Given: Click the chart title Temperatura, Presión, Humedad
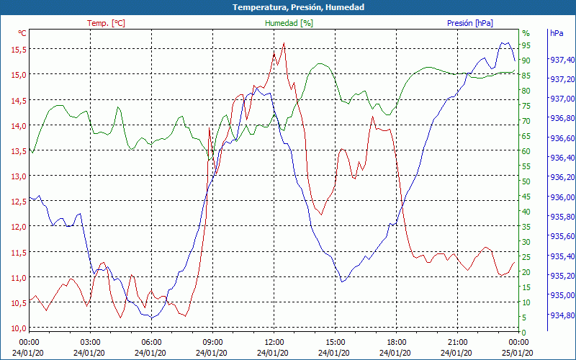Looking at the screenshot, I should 288,7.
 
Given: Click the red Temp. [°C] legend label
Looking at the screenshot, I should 106,23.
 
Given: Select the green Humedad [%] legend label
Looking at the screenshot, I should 289,23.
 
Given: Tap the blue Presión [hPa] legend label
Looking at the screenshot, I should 470,23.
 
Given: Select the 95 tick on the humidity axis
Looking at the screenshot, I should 526,45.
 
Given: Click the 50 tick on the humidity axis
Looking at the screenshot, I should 526,181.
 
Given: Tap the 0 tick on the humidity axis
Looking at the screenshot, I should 524,333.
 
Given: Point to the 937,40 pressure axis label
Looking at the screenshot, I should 561,60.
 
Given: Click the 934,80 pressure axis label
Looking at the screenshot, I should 561,315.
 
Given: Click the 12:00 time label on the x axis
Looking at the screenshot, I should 274,342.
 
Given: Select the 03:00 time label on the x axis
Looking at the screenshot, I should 90,342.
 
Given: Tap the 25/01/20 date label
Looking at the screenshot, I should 518,352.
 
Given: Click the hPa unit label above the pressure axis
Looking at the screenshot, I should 557,33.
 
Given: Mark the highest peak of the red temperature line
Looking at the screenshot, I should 284,43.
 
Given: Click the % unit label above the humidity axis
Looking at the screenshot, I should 526,33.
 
